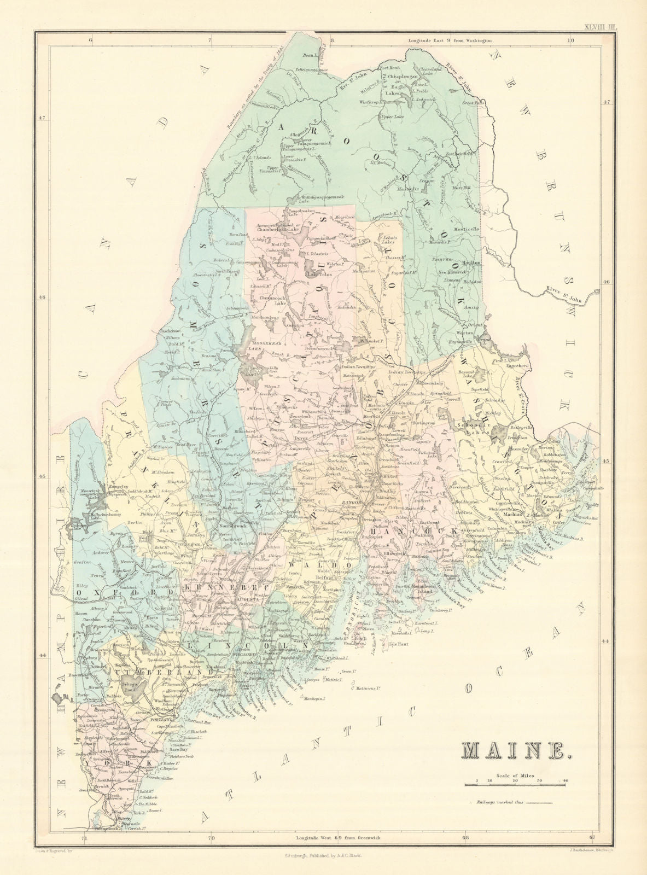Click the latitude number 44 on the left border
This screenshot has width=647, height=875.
(x=43, y=655)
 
